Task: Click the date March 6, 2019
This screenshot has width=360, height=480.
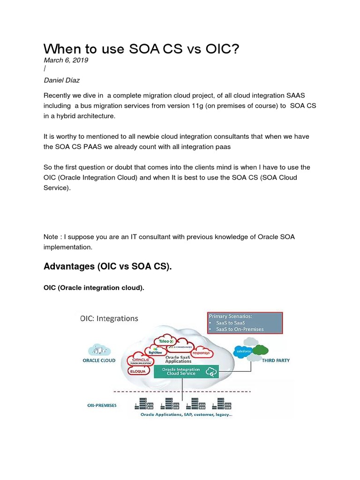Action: (66, 60)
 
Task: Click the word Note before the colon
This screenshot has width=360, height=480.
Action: (52, 237)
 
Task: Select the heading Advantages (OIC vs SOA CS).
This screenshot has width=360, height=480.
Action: (108, 267)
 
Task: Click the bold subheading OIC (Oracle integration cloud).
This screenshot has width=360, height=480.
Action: (94, 287)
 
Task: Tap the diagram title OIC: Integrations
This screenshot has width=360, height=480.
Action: (108, 318)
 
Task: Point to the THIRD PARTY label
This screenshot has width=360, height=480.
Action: (275, 360)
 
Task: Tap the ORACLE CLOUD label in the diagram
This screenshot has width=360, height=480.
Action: (99, 360)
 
